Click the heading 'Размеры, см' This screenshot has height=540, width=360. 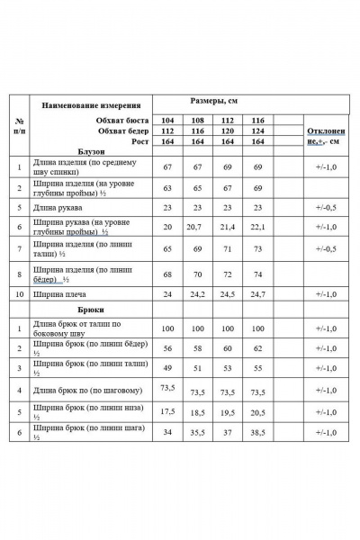(213, 102)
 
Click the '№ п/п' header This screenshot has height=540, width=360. (19, 125)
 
